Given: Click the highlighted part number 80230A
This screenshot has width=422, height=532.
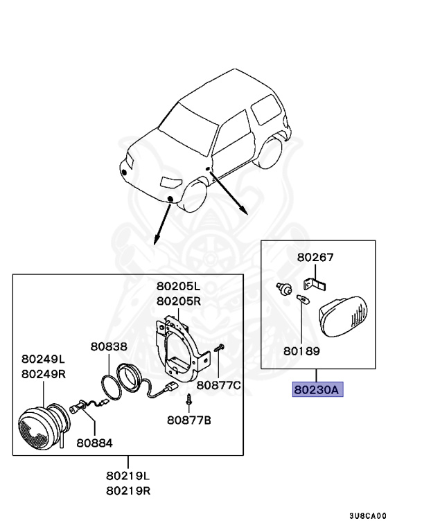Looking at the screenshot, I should coord(317,390).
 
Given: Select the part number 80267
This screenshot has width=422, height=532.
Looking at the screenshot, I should coord(315,257).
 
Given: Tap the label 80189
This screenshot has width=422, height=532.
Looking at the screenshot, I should coord(301,351).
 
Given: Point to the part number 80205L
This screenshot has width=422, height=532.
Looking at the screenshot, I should coord(177,286).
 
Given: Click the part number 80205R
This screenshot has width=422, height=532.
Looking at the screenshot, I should coord(177,301).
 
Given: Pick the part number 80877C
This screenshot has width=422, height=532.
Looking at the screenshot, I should coord(218,384).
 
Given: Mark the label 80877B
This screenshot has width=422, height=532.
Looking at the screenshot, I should coord(189,419).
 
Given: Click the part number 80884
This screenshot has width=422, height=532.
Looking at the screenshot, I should coord(94,442).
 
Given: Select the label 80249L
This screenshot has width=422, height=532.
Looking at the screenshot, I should coord(43,359).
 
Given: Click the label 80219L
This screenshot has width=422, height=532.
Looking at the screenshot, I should coord(129,477).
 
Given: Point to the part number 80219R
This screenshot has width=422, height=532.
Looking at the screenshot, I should coord(129,491).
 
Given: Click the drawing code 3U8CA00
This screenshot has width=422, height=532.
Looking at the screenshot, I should coord(367,516).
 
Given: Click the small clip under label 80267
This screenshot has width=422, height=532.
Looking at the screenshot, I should coord(315,283).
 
